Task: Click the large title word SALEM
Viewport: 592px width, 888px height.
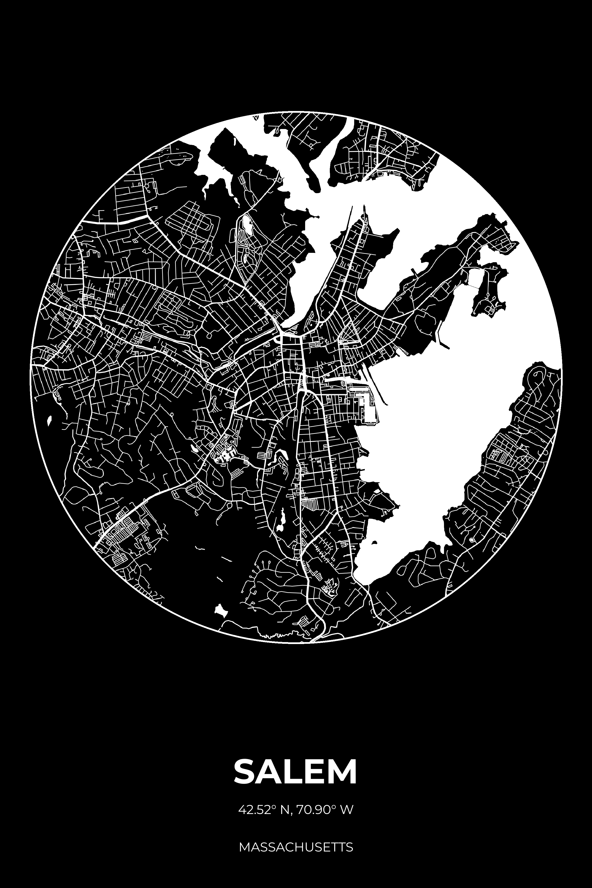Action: tap(296, 771)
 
